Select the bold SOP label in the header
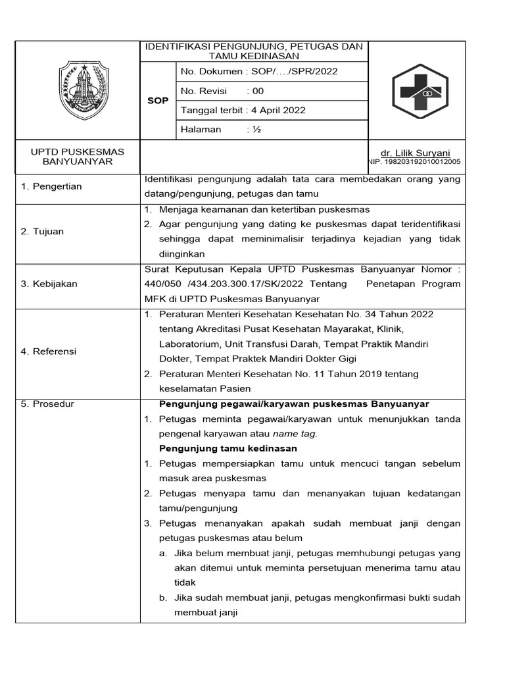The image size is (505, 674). coord(158,101)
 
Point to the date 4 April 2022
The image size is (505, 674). coord(276,110)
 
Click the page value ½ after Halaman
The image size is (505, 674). coord(254,129)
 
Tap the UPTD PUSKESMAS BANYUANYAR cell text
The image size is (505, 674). coord(78,157)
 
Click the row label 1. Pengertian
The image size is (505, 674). coord(51,186)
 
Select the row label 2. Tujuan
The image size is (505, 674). coord(42,232)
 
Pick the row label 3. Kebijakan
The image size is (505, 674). coord(49,284)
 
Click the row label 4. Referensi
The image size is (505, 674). coord(49,351)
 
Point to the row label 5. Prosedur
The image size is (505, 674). coord(47,403)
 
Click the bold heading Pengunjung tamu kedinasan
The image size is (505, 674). coord(228,448)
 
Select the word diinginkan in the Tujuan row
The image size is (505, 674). coord(181,254)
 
